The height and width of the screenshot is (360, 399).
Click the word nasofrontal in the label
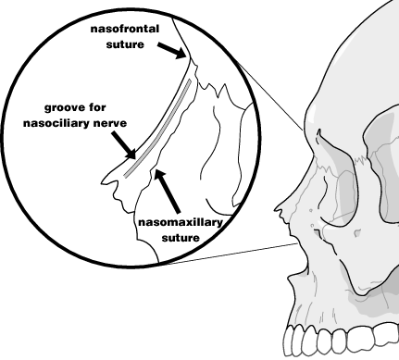tap(126, 29)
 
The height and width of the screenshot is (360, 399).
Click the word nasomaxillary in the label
tap(177, 222)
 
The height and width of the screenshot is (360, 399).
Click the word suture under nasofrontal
tap(126, 43)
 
